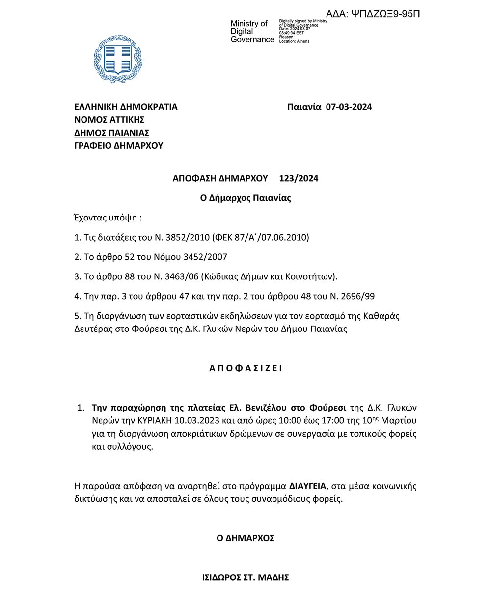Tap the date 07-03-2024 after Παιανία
click(349, 107)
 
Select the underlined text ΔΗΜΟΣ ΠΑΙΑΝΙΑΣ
click(111, 133)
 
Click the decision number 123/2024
click(299, 178)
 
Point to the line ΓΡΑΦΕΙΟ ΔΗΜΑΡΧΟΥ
click(118, 145)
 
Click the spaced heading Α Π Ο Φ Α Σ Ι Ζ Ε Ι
click(245, 368)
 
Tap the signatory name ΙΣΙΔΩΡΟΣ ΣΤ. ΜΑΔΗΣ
click(245, 577)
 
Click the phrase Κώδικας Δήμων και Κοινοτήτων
click(268, 276)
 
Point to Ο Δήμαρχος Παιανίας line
click(245, 198)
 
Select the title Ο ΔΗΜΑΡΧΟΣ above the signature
click(245, 538)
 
